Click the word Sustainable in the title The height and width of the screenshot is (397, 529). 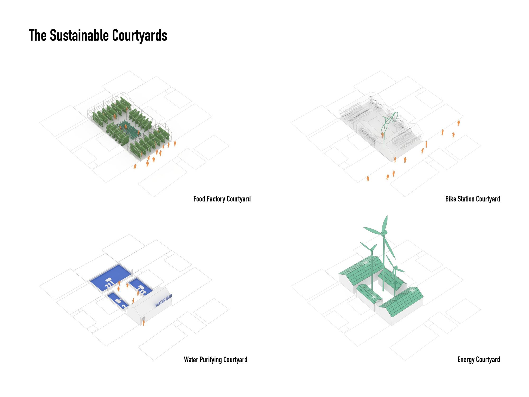click(x=79, y=35)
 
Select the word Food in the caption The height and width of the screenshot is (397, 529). click(x=199, y=199)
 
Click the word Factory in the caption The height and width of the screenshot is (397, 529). click(x=216, y=199)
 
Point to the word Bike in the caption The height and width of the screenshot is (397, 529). click(x=451, y=199)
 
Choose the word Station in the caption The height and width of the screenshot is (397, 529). click(x=466, y=199)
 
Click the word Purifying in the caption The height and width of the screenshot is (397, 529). click(x=211, y=360)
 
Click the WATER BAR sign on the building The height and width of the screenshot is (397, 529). click(x=163, y=300)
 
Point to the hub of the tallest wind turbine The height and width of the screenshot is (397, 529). click(x=383, y=233)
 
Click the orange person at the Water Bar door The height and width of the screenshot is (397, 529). click(x=144, y=322)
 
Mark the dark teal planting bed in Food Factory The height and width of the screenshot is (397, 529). click(x=130, y=129)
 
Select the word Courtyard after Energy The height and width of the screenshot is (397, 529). click(x=488, y=360)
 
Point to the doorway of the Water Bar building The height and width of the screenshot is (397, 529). click(x=142, y=321)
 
